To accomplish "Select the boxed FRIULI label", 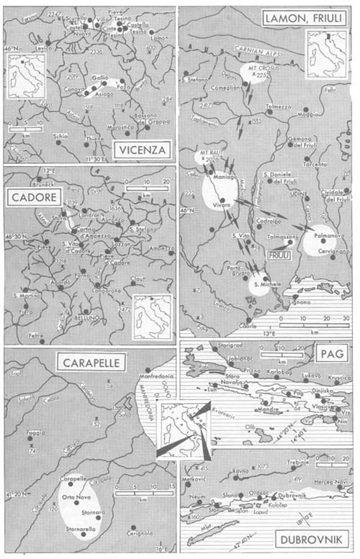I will pyautogui.click(x=278, y=255).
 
